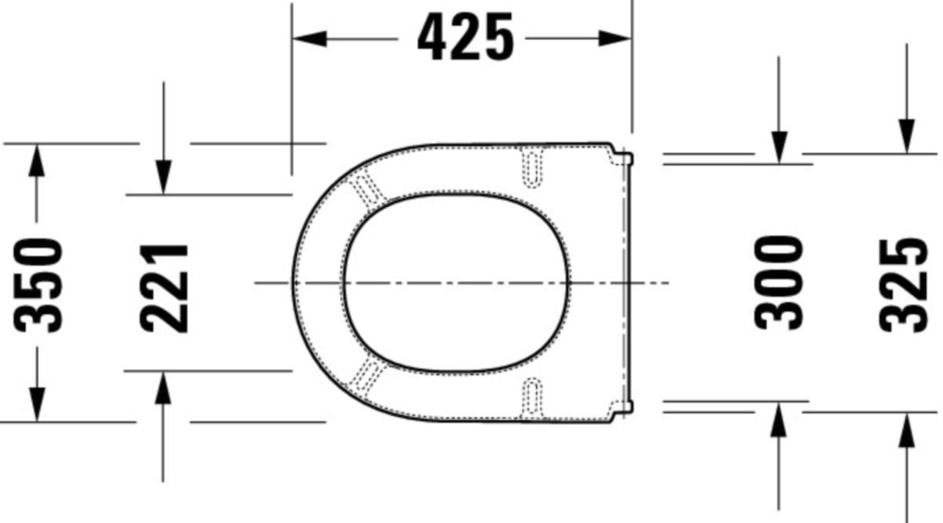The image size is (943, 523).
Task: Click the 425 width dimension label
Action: [x=465, y=36]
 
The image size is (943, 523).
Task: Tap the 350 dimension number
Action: [x=38, y=285]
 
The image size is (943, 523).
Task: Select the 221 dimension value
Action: [x=163, y=289]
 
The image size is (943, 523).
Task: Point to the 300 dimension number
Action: [x=779, y=283]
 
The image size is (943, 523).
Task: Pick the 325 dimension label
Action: [x=904, y=285]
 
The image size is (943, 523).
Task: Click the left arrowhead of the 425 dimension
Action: [x=310, y=38]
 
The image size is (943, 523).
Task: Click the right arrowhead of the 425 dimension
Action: [x=615, y=38]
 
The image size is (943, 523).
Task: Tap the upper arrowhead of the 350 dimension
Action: [x=37, y=160]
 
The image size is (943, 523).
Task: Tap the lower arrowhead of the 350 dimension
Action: [x=37, y=404]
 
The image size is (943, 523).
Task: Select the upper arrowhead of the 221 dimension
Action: [x=163, y=177]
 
